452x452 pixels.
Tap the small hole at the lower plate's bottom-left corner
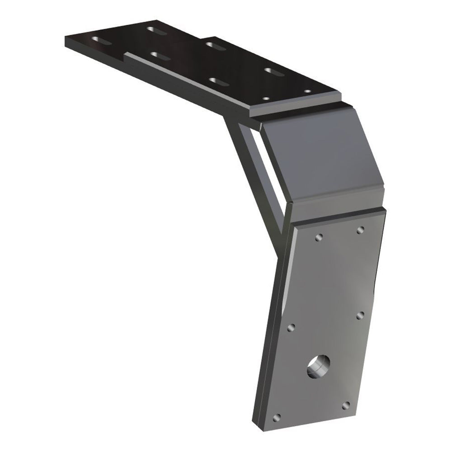(278, 416)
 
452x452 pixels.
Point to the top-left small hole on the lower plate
(319, 237)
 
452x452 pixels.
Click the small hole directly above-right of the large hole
(360, 315)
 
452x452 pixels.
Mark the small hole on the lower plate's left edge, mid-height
(291, 327)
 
